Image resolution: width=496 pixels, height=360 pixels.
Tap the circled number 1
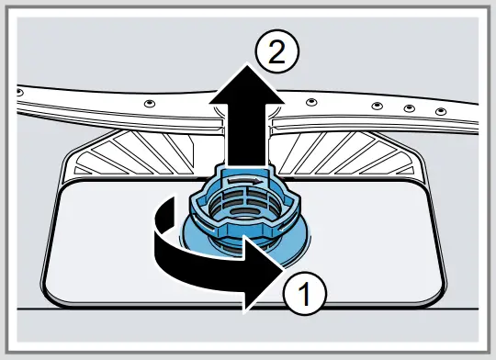tap(307, 296)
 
